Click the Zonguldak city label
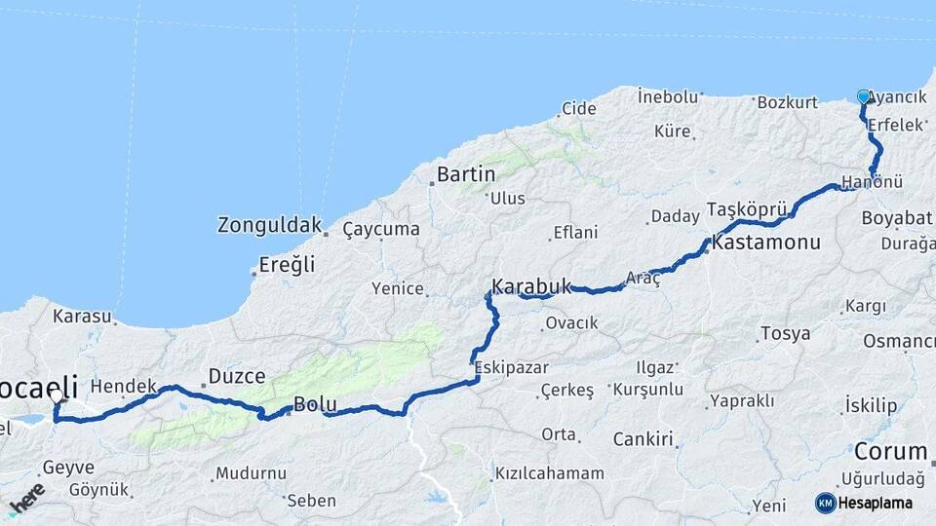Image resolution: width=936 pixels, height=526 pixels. [x=269, y=225]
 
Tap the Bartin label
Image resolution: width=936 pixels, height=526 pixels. [x=466, y=174]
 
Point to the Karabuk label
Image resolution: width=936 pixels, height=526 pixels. [x=531, y=286]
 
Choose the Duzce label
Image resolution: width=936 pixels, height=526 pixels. [x=237, y=376]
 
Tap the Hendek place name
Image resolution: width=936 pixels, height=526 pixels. [x=124, y=387]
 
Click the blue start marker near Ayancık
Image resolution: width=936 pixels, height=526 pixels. [x=863, y=96]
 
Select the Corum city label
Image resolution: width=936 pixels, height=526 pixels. [x=890, y=452]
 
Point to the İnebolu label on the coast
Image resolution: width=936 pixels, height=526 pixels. [x=668, y=96]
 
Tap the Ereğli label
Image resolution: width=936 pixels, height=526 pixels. [x=287, y=264]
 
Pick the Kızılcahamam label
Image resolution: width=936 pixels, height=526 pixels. [x=549, y=473]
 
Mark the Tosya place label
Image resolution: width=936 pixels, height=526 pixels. [x=785, y=333]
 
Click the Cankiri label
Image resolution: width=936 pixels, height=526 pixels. [x=644, y=439]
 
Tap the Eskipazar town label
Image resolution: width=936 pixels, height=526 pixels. [x=512, y=368]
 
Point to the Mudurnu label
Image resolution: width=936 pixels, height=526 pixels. [x=252, y=473]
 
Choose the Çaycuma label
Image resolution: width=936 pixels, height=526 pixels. [x=381, y=229]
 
